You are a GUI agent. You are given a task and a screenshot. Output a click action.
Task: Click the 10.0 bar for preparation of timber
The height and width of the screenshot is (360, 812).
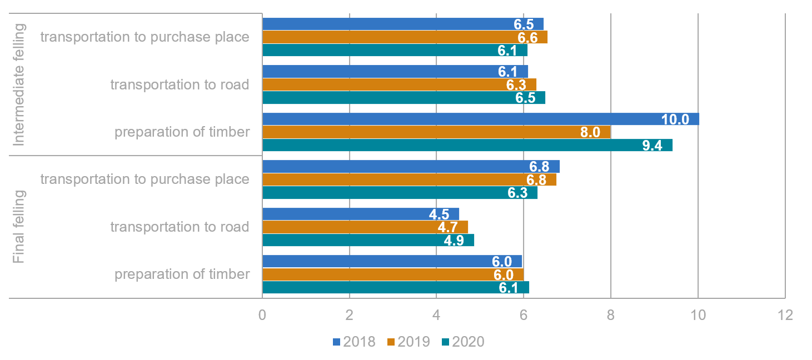(480, 119)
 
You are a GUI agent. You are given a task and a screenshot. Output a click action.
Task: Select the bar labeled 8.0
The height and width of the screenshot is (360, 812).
(436, 132)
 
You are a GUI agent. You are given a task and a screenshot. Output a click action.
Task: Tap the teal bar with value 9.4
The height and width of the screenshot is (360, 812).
(467, 145)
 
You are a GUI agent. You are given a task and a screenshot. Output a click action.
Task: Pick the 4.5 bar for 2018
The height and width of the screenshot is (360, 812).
(360, 214)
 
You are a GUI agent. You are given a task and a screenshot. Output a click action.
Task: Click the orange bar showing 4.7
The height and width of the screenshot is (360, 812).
(365, 227)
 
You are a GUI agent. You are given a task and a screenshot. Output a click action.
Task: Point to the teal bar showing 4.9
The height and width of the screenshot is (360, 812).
(368, 240)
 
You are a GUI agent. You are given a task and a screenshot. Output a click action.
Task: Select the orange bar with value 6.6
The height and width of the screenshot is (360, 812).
(405, 37)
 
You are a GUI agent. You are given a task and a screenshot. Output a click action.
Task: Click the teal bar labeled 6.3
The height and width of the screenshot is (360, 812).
(400, 192)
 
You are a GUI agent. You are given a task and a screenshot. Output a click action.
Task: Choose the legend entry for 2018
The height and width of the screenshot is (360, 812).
(354, 342)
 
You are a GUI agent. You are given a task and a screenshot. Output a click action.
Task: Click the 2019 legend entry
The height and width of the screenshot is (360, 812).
(409, 342)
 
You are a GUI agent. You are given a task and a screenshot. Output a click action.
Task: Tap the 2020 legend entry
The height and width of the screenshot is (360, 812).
(463, 342)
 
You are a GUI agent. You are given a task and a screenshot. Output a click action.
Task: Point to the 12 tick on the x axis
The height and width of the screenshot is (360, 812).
(785, 315)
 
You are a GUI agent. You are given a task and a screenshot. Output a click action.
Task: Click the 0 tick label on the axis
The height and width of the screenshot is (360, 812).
(262, 315)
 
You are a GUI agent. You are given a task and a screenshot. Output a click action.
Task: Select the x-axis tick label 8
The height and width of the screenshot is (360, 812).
(610, 315)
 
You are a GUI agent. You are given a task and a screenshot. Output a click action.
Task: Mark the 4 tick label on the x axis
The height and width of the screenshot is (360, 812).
(436, 315)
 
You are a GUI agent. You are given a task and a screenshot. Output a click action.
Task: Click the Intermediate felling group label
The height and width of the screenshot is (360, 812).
(19, 84)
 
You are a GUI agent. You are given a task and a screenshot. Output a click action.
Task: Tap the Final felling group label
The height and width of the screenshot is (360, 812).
(19, 227)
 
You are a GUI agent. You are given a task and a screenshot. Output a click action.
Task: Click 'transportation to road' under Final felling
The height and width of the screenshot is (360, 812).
(180, 227)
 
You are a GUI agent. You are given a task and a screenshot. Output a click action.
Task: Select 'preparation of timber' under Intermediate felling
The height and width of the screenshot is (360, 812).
(182, 132)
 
